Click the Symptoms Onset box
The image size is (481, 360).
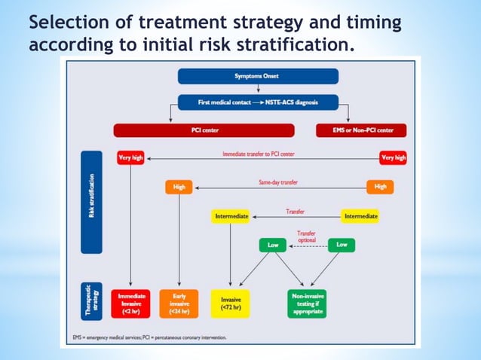click(x=259, y=76)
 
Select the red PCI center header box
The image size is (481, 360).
click(x=206, y=130)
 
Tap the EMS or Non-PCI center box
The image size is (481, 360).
click(x=360, y=130)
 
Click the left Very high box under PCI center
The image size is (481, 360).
click(x=130, y=158)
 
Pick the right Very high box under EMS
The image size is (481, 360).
click(x=393, y=158)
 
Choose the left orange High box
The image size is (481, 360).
click(x=179, y=187)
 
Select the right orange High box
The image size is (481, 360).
click(x=380, y=187)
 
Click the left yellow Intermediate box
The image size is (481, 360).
click(x=231, y=216)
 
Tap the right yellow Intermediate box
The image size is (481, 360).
click(x=360, y=216)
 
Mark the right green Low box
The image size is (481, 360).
click(x=342, y=245)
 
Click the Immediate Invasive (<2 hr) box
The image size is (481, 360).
click(x=130, y=303)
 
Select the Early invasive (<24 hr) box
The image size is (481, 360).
click(x=179, y=303)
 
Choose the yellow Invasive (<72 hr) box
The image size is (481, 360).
click(x=231, y=303)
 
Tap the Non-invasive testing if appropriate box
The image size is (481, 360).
click(x=307, y=303)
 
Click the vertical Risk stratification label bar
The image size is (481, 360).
click(x=91, y=202)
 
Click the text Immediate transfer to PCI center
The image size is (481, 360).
click(x=259, y=154)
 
